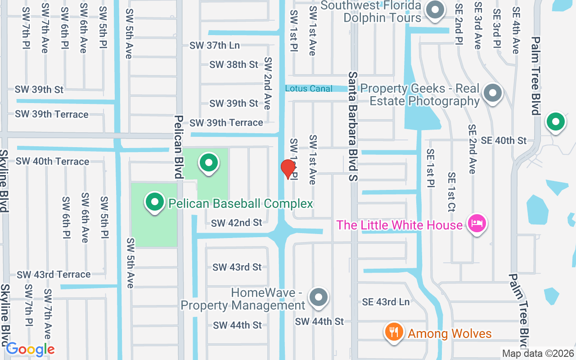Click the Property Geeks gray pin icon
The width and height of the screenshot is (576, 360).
coord(493,94)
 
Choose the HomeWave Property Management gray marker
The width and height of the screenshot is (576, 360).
coord(319,297)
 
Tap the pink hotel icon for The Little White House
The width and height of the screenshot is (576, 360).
coord(477,224)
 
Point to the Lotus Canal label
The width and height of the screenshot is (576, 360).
coord(309,89)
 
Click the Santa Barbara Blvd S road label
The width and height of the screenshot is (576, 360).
coord(353,126)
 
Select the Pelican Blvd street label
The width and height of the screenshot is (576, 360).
coord(179,146)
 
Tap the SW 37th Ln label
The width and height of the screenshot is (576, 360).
coord(215,45)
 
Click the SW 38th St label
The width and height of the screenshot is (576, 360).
coord(234,65)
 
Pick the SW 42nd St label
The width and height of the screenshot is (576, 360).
coord(236,223)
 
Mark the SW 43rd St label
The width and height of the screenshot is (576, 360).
coord(237,267)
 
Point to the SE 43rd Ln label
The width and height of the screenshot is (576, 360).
coord(386,302)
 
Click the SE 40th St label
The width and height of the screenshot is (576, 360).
coord(503,141)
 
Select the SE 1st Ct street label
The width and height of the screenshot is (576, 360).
coord(451,192)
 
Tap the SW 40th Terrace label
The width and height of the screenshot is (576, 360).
coord(52,161)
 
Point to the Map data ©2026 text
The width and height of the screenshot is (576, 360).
coord(538,353)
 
